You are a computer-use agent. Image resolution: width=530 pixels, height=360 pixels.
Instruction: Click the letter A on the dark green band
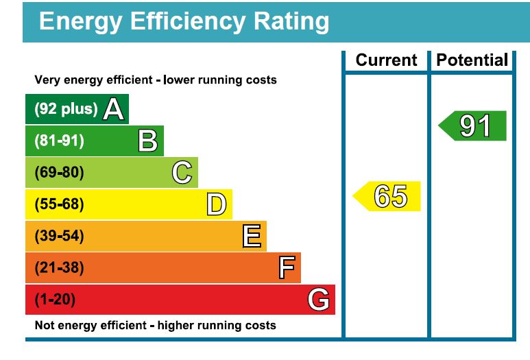113,109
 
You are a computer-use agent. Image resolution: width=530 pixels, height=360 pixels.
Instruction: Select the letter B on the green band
147,141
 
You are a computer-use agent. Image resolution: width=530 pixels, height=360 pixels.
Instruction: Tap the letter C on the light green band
182,173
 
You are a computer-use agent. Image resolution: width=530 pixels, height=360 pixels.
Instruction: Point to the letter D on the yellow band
217,204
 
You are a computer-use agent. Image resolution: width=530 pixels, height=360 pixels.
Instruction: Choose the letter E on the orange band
252,237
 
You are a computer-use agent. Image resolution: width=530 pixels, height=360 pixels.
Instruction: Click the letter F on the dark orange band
287,268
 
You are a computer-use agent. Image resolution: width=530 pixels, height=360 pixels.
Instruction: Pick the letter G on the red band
318,300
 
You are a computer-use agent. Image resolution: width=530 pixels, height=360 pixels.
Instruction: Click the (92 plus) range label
66,109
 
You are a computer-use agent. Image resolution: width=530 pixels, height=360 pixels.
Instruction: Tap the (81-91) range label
59,141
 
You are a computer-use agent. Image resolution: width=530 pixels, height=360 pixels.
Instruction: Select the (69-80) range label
59,173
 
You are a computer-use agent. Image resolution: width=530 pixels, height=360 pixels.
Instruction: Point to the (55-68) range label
59,204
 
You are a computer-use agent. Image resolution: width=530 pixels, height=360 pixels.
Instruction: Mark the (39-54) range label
59,237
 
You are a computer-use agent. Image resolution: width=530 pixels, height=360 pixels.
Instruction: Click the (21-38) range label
59,268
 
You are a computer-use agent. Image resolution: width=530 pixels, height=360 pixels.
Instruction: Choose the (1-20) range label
55,300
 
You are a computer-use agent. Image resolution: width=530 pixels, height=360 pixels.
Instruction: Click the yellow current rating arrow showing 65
387,197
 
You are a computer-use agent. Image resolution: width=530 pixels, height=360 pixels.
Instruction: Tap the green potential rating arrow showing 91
473,126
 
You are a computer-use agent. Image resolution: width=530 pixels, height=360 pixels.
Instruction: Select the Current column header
386,60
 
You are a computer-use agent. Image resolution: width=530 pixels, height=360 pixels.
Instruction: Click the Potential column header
472,60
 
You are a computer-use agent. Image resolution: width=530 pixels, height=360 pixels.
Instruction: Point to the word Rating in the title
292,21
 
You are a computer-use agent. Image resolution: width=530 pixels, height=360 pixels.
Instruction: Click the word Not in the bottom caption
45,325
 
